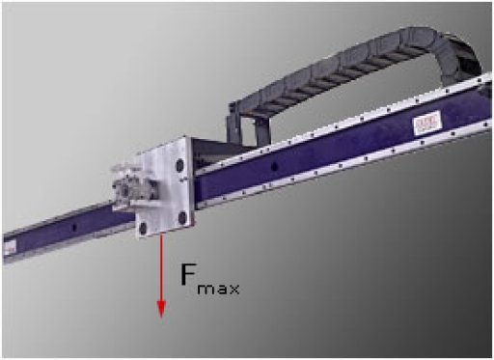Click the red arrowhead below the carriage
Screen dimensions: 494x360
pyautogui.click(x=161, y=310)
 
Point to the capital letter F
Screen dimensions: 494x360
pyautogui.click(x=188, y=275)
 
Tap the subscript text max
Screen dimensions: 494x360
pyautogui.click(x=218, y=289)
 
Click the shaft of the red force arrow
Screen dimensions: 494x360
pyautogui.click(x=161, y=267)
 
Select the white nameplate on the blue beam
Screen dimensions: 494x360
pyautogui.click(x=427, y=123)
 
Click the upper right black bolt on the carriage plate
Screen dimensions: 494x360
pyautogui.click(x=180, y=166)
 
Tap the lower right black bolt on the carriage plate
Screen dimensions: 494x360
pyautogui.click(x=182, y=217)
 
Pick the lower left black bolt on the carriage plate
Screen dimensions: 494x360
pyautogui.click(x=142, y=229)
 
